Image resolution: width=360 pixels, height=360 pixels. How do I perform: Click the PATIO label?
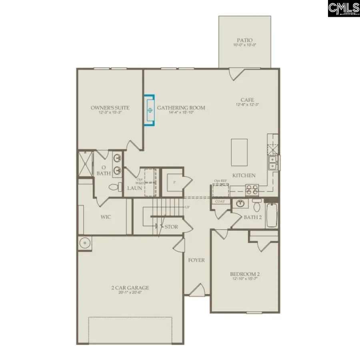(245, 40)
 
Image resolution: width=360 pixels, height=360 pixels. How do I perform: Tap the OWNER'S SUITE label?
(104, 108)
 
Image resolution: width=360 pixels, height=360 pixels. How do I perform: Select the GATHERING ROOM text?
(181, 108)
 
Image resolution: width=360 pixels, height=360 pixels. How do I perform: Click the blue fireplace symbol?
(150, 110)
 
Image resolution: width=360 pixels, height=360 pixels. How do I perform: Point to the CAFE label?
(247, 100)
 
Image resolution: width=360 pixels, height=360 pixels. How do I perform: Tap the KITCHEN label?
(244, 176)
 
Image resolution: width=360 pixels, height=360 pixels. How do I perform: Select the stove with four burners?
(252, 189)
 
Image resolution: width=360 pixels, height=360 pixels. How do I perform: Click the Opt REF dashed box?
(220, 190)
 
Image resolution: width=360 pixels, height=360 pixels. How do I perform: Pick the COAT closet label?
(220, 202)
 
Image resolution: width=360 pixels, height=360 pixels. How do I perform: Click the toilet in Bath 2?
(257, 206)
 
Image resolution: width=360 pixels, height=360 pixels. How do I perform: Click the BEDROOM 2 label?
(245, 274)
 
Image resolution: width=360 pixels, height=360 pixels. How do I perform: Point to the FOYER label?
(196, 260)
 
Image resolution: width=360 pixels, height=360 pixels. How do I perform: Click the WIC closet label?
(106, 217)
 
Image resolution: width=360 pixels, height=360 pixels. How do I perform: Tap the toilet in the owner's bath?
(114, 187)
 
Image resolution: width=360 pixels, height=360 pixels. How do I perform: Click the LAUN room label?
(134, 188)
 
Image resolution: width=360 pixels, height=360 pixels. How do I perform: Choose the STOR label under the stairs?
(171, 227)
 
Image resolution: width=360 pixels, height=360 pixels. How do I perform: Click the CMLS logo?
(344, 8)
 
